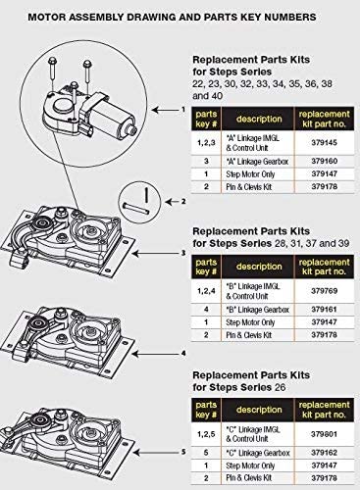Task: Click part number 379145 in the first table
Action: (324, 143)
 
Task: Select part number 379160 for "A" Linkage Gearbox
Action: (324, 161)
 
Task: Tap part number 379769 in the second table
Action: (324, 291)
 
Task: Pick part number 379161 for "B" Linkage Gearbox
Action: (324, 309)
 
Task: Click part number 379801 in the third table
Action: (324, 434)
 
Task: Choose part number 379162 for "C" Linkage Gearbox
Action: (324, 453)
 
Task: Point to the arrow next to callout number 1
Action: (166, 110)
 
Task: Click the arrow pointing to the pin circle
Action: (172, 202)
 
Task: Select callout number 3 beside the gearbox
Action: (183, 253)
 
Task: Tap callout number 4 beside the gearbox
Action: (183, 354)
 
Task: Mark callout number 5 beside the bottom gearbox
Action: (183, 452)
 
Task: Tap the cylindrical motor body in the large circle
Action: (111, 120)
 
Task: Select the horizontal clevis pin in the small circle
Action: (135, 209)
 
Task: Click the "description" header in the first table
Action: (259, 119)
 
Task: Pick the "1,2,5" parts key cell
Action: (206, 434)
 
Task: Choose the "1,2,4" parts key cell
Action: (206, 291)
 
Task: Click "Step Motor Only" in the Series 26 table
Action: (250, 465)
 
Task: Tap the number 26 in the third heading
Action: (280, 388)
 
